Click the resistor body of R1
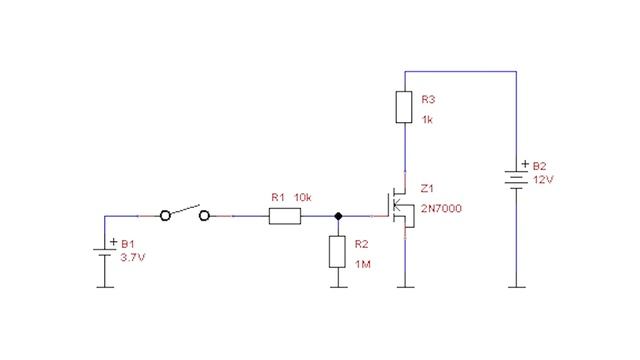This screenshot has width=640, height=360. (285, 215)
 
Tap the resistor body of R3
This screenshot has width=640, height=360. (404, 106)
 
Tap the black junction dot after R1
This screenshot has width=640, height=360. (339, 215)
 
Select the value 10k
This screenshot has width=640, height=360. (303, 198)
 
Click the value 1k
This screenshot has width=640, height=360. (427, 120)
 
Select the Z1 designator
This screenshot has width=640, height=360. (427, 188)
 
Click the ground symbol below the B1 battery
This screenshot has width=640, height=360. (104, 286)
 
